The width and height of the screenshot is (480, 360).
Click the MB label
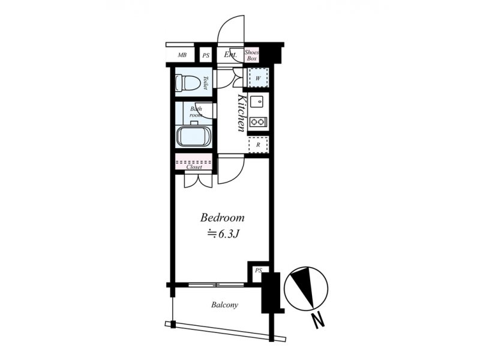click(x=182, y=55)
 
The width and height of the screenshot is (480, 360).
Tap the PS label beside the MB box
click(x=206, y=56)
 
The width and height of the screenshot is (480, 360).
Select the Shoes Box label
click(x=251, y=55)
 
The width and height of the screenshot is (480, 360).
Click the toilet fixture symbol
click(x=187, y=82)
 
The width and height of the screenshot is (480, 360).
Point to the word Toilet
click(x=205, y=83)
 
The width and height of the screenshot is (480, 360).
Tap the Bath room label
click(x=196, y=112)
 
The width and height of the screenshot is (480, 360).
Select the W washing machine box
click(x=258, y=78)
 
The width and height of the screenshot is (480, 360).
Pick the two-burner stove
click(x=258, y=122)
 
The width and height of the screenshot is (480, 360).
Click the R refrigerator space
click(x=258, y=145)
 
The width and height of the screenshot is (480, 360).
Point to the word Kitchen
click(x=242, y=113)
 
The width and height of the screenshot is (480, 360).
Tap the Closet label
click(x=194, y=167)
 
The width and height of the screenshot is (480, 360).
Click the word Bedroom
click(x=223, y=218)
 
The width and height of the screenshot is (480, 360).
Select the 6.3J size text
click(x=223, y=234)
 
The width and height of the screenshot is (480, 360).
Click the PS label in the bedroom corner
click(x=259, y=271)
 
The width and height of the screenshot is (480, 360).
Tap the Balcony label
click(x=224, y=305)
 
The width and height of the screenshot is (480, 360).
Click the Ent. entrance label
click(x=230, y=55)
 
